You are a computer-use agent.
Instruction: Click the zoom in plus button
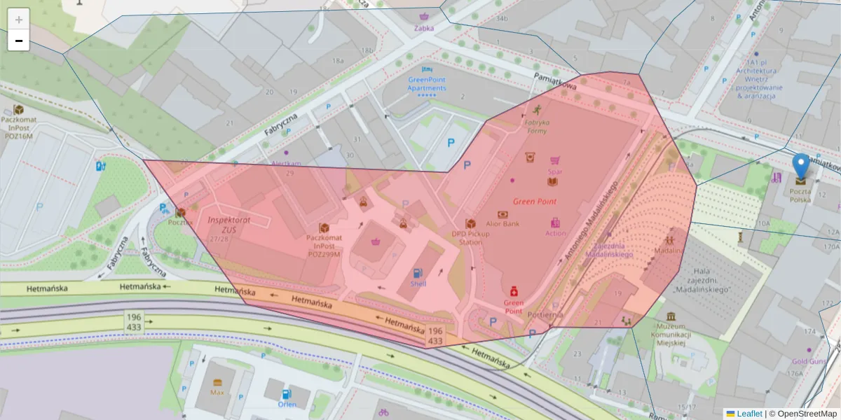pyautogui.click(x=19, y=19)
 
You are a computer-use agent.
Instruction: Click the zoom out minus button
pyautogui.click(x=19, y=41)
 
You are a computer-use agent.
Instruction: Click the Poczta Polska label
pyautogui.click(x=800, y=195)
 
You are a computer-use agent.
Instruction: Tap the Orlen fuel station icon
pyautogui.click(x=286, y=394)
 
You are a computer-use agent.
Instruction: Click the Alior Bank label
pyautogui.click(x=502, y=224)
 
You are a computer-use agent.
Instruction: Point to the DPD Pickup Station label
pyautogui.click(x=471, y=238)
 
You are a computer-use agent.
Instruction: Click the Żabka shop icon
pyautogui.click(x=423, y=17)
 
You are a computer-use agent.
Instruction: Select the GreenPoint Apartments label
pyautogui.click(x=427, y=84)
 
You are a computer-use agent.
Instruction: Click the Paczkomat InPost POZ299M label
pyautogui.click(x=324, y=246)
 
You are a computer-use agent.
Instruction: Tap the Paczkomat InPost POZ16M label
pyautogui.click(x=18, y=127)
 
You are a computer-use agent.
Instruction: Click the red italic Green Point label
pyautogui.click(x=535, y=201)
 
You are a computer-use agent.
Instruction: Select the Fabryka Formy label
pyautogui.click(x=537, y=127)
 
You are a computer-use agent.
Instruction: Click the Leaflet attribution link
pyautogui.click(x=749, y=414)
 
